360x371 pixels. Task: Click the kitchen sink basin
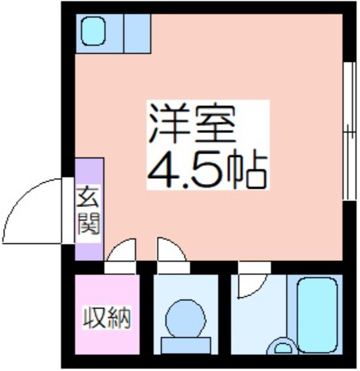[93, 31]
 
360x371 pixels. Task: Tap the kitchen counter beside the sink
[137, 33]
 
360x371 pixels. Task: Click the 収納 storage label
[107, 317]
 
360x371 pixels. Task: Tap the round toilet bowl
[185, 319]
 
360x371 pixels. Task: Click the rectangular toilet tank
[186, 345]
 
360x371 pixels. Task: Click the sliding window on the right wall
[349, 131]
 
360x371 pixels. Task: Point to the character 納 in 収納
[119, 317]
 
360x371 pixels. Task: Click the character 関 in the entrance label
[88, 224]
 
